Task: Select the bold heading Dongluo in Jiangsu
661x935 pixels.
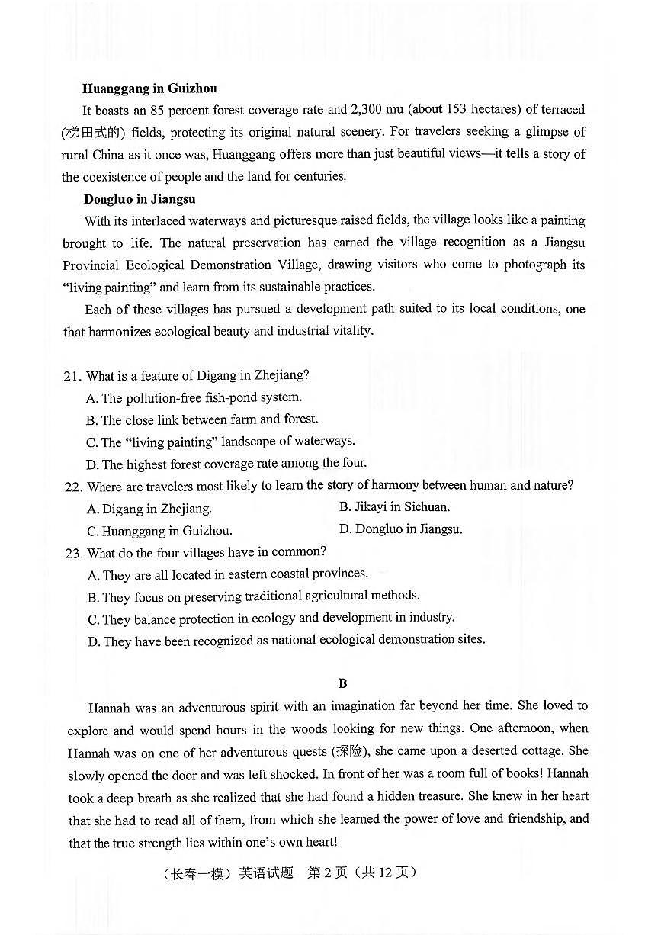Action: coord(140,199)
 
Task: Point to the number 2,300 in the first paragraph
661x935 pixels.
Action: coord(373,110)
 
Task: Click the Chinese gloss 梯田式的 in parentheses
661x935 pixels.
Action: coord(93,133)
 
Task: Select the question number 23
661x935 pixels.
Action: coord(73,553)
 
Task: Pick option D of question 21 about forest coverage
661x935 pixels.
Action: coord(226,464)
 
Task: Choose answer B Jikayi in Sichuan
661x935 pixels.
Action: coord(394,507)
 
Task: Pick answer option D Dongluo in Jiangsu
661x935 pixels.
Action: coord(400,529)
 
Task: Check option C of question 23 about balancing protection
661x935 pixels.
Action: coord(271,619)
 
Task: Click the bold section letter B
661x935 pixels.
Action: coord(342,683)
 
